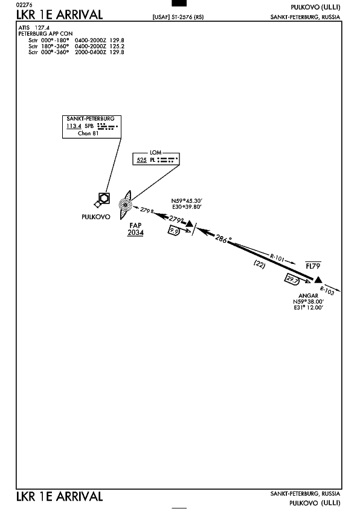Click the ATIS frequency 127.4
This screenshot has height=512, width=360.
coord(42,28)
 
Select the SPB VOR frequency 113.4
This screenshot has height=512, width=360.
coord(74,126)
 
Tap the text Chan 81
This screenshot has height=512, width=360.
coord(88,133)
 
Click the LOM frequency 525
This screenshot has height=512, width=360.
coord(141,160)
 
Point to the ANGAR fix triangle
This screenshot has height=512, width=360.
coord(318,280)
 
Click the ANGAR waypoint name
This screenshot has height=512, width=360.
coord(308,295)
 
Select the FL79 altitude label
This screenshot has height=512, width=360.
coord(313,266)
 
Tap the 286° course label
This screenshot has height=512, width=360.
coord(222,239)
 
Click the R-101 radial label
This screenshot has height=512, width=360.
coord(277,258)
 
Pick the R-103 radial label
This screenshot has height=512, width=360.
coord(327,290)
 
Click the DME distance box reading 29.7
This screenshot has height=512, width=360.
coord(292,280)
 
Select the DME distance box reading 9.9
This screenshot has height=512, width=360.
coord(174,231)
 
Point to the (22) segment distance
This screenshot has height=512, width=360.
coord(259,264)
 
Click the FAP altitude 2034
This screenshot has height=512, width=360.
coord(135,232)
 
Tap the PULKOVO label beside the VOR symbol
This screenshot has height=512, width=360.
coord(95,217)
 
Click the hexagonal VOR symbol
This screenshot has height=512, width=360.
coord(104,198)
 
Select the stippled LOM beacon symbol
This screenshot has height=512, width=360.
coord(125,205)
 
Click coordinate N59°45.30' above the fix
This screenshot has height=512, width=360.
coord(187,201)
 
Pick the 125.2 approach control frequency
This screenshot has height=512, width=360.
coord(117,46)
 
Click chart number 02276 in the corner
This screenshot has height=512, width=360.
coord(25,5)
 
